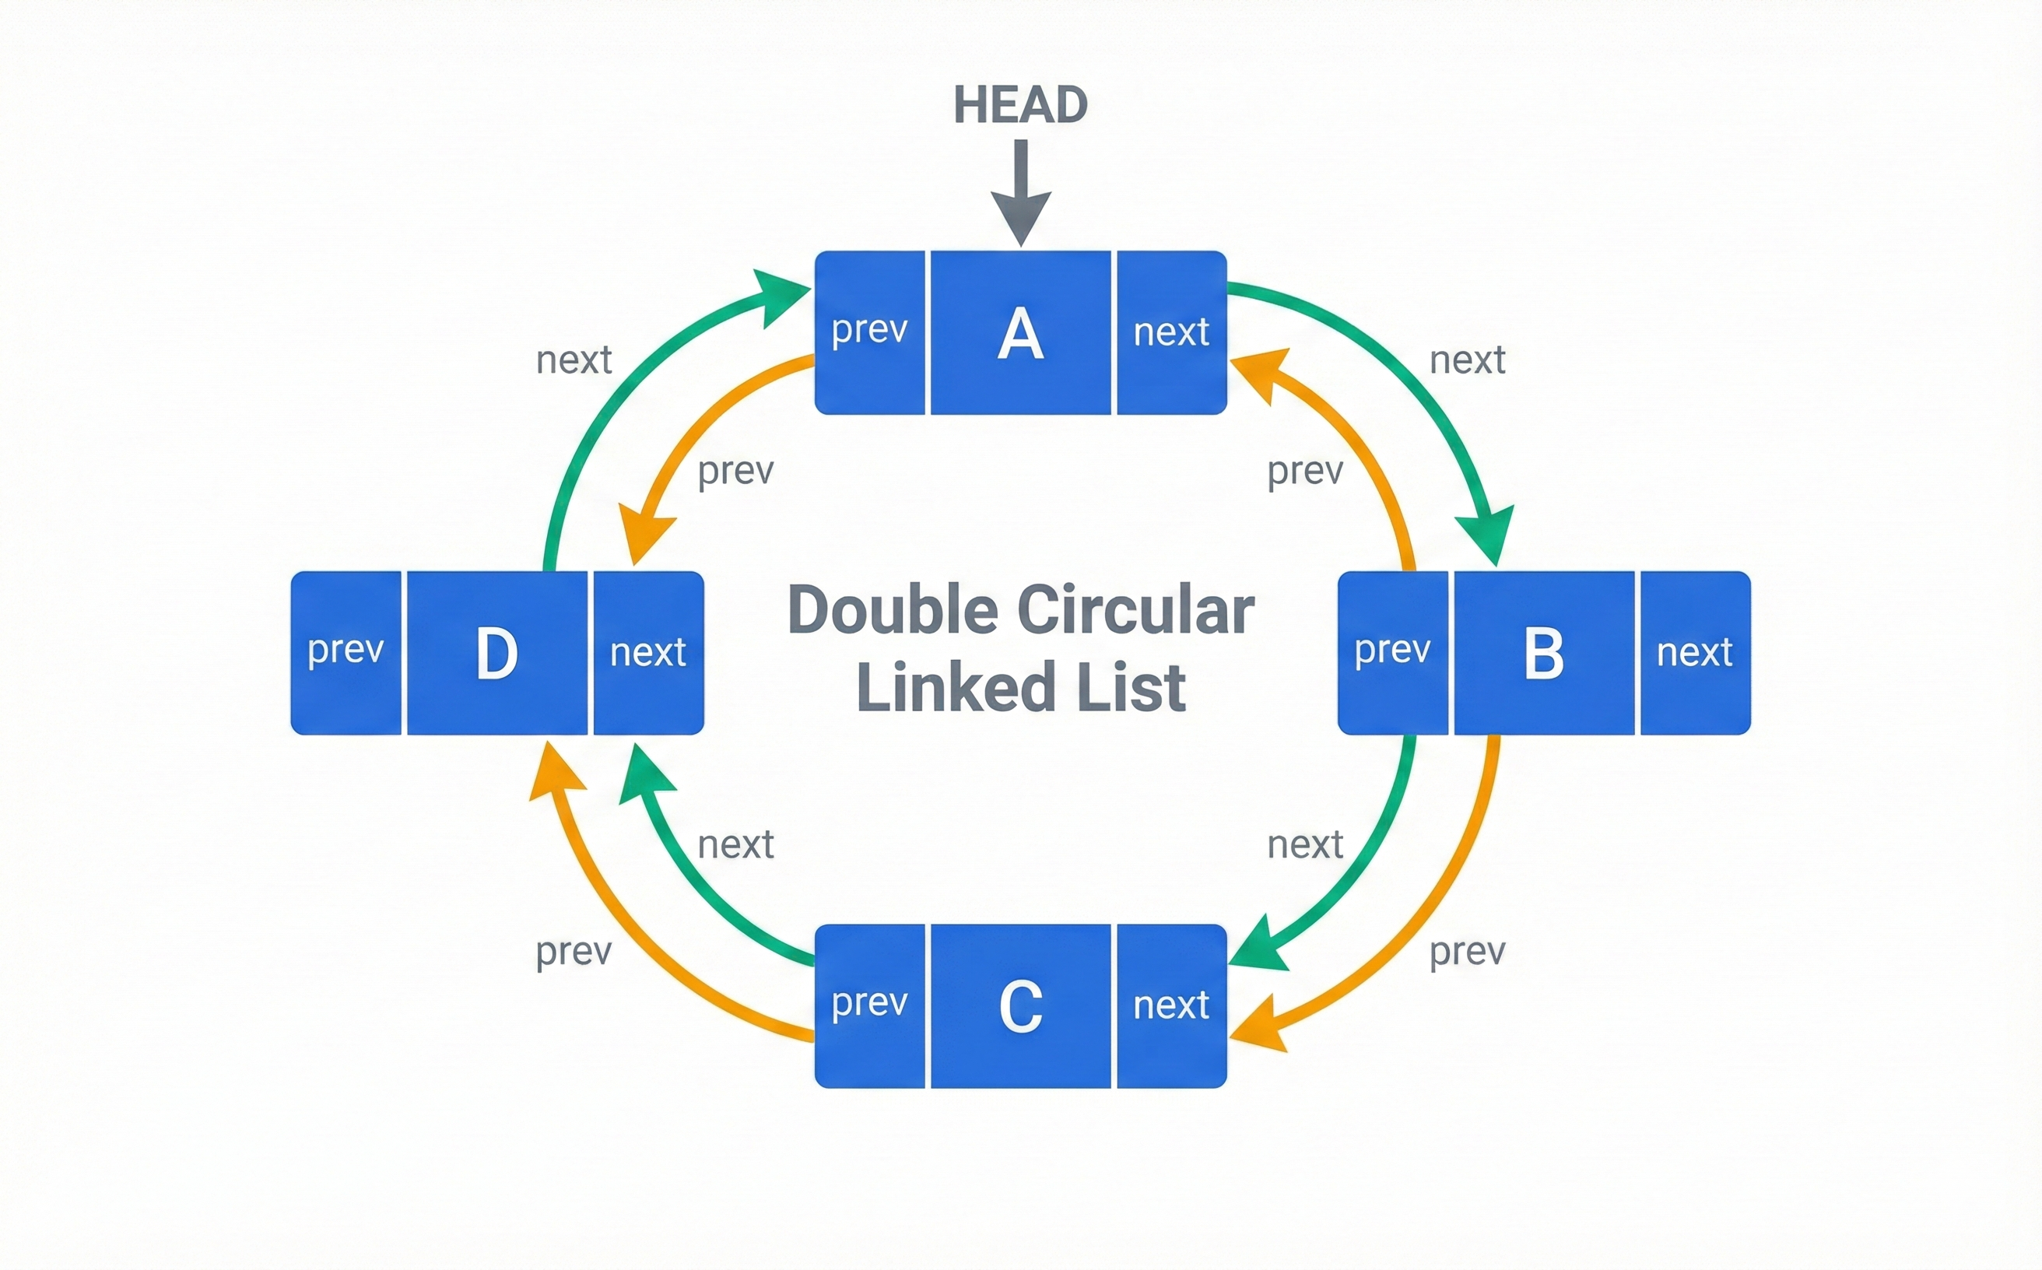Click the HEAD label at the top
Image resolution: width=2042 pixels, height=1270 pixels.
1019,106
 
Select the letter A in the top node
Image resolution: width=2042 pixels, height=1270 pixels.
1020,334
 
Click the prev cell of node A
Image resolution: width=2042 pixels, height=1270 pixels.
869,332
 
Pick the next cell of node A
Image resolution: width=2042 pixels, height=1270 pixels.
1171,332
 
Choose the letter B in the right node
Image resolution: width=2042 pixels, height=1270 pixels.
1544,654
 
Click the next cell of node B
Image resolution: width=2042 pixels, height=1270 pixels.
1694,653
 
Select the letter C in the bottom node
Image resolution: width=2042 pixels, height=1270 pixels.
1020,1006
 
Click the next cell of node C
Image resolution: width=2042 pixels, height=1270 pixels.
1171,1005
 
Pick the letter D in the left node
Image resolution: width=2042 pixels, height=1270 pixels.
496,654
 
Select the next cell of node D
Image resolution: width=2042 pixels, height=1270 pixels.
647,653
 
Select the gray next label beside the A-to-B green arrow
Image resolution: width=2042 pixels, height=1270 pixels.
1467,360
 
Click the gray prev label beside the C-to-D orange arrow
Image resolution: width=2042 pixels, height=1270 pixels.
574,952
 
